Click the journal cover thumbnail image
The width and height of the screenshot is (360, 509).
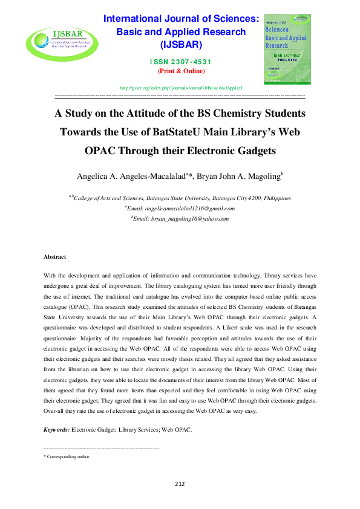(x=287, y=50)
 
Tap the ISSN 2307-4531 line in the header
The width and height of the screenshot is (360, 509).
(x=182, y=62)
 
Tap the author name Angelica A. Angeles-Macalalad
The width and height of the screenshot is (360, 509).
(x=130, y=177)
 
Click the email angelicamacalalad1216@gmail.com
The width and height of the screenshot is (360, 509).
(x=181, y=209)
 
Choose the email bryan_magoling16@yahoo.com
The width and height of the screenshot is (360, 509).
(x=181, y=219)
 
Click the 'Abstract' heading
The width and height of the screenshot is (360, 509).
(x=54, y=257)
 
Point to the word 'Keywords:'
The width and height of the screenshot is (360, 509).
(x=56, y=430)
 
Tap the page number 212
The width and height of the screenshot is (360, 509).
(x=180, y=484)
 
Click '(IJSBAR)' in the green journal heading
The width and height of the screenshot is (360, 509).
(x=181, y=44)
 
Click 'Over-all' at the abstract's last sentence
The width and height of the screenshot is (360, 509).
(x=55, y=411)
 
